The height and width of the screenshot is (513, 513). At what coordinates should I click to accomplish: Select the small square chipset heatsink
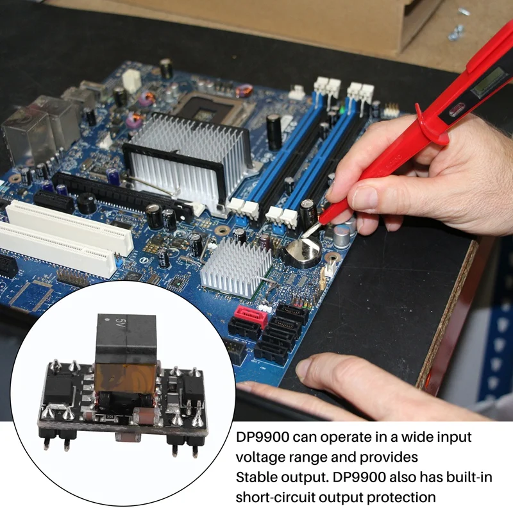pos(235,266)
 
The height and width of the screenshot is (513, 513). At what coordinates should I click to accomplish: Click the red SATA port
pos(250,316)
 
